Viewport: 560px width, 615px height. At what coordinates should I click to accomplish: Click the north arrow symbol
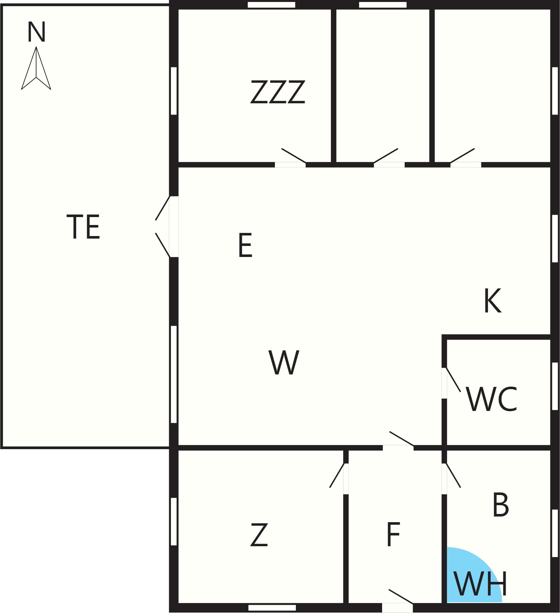[36, 68]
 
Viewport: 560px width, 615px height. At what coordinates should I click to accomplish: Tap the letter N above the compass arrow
[36, 32]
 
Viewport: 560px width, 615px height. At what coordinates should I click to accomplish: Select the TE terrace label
[83, 227]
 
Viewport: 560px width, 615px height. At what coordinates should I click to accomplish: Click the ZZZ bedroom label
[278, 92]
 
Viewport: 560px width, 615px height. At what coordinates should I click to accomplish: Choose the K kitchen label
[493, 301]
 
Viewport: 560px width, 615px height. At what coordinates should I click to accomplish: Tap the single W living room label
[284, 363]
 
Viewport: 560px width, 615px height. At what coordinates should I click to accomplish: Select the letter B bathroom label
[501, 505]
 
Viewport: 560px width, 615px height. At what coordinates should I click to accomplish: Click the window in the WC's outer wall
[555, 386]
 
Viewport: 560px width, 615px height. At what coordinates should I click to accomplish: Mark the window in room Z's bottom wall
[272, 608]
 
